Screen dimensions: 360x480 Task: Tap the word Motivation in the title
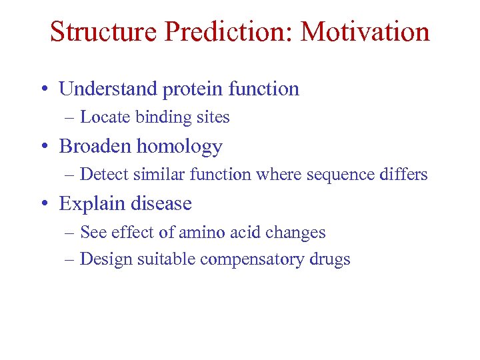pyautogui.click(x=365, y=31)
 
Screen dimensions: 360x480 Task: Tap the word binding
pyautogui.click(x=160, y=117)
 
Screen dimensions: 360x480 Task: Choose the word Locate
pyautogui.click(x=105, y=117)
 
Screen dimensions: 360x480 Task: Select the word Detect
pyautogui.click(x=103, y=175)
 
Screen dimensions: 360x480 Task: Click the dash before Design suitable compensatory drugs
pyautogui.click(x=70, y=259)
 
